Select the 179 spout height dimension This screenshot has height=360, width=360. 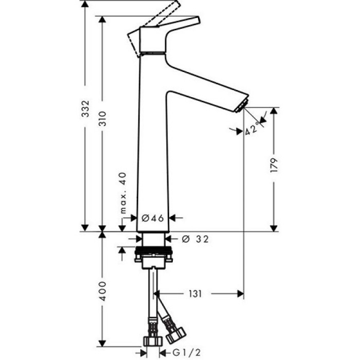coord(275,165)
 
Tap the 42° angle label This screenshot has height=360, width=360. coord(252,128)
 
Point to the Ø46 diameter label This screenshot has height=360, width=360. coord(153,218)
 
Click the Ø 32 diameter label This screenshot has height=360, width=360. coord(195,239)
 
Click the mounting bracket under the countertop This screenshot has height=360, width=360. coord(153,256)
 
